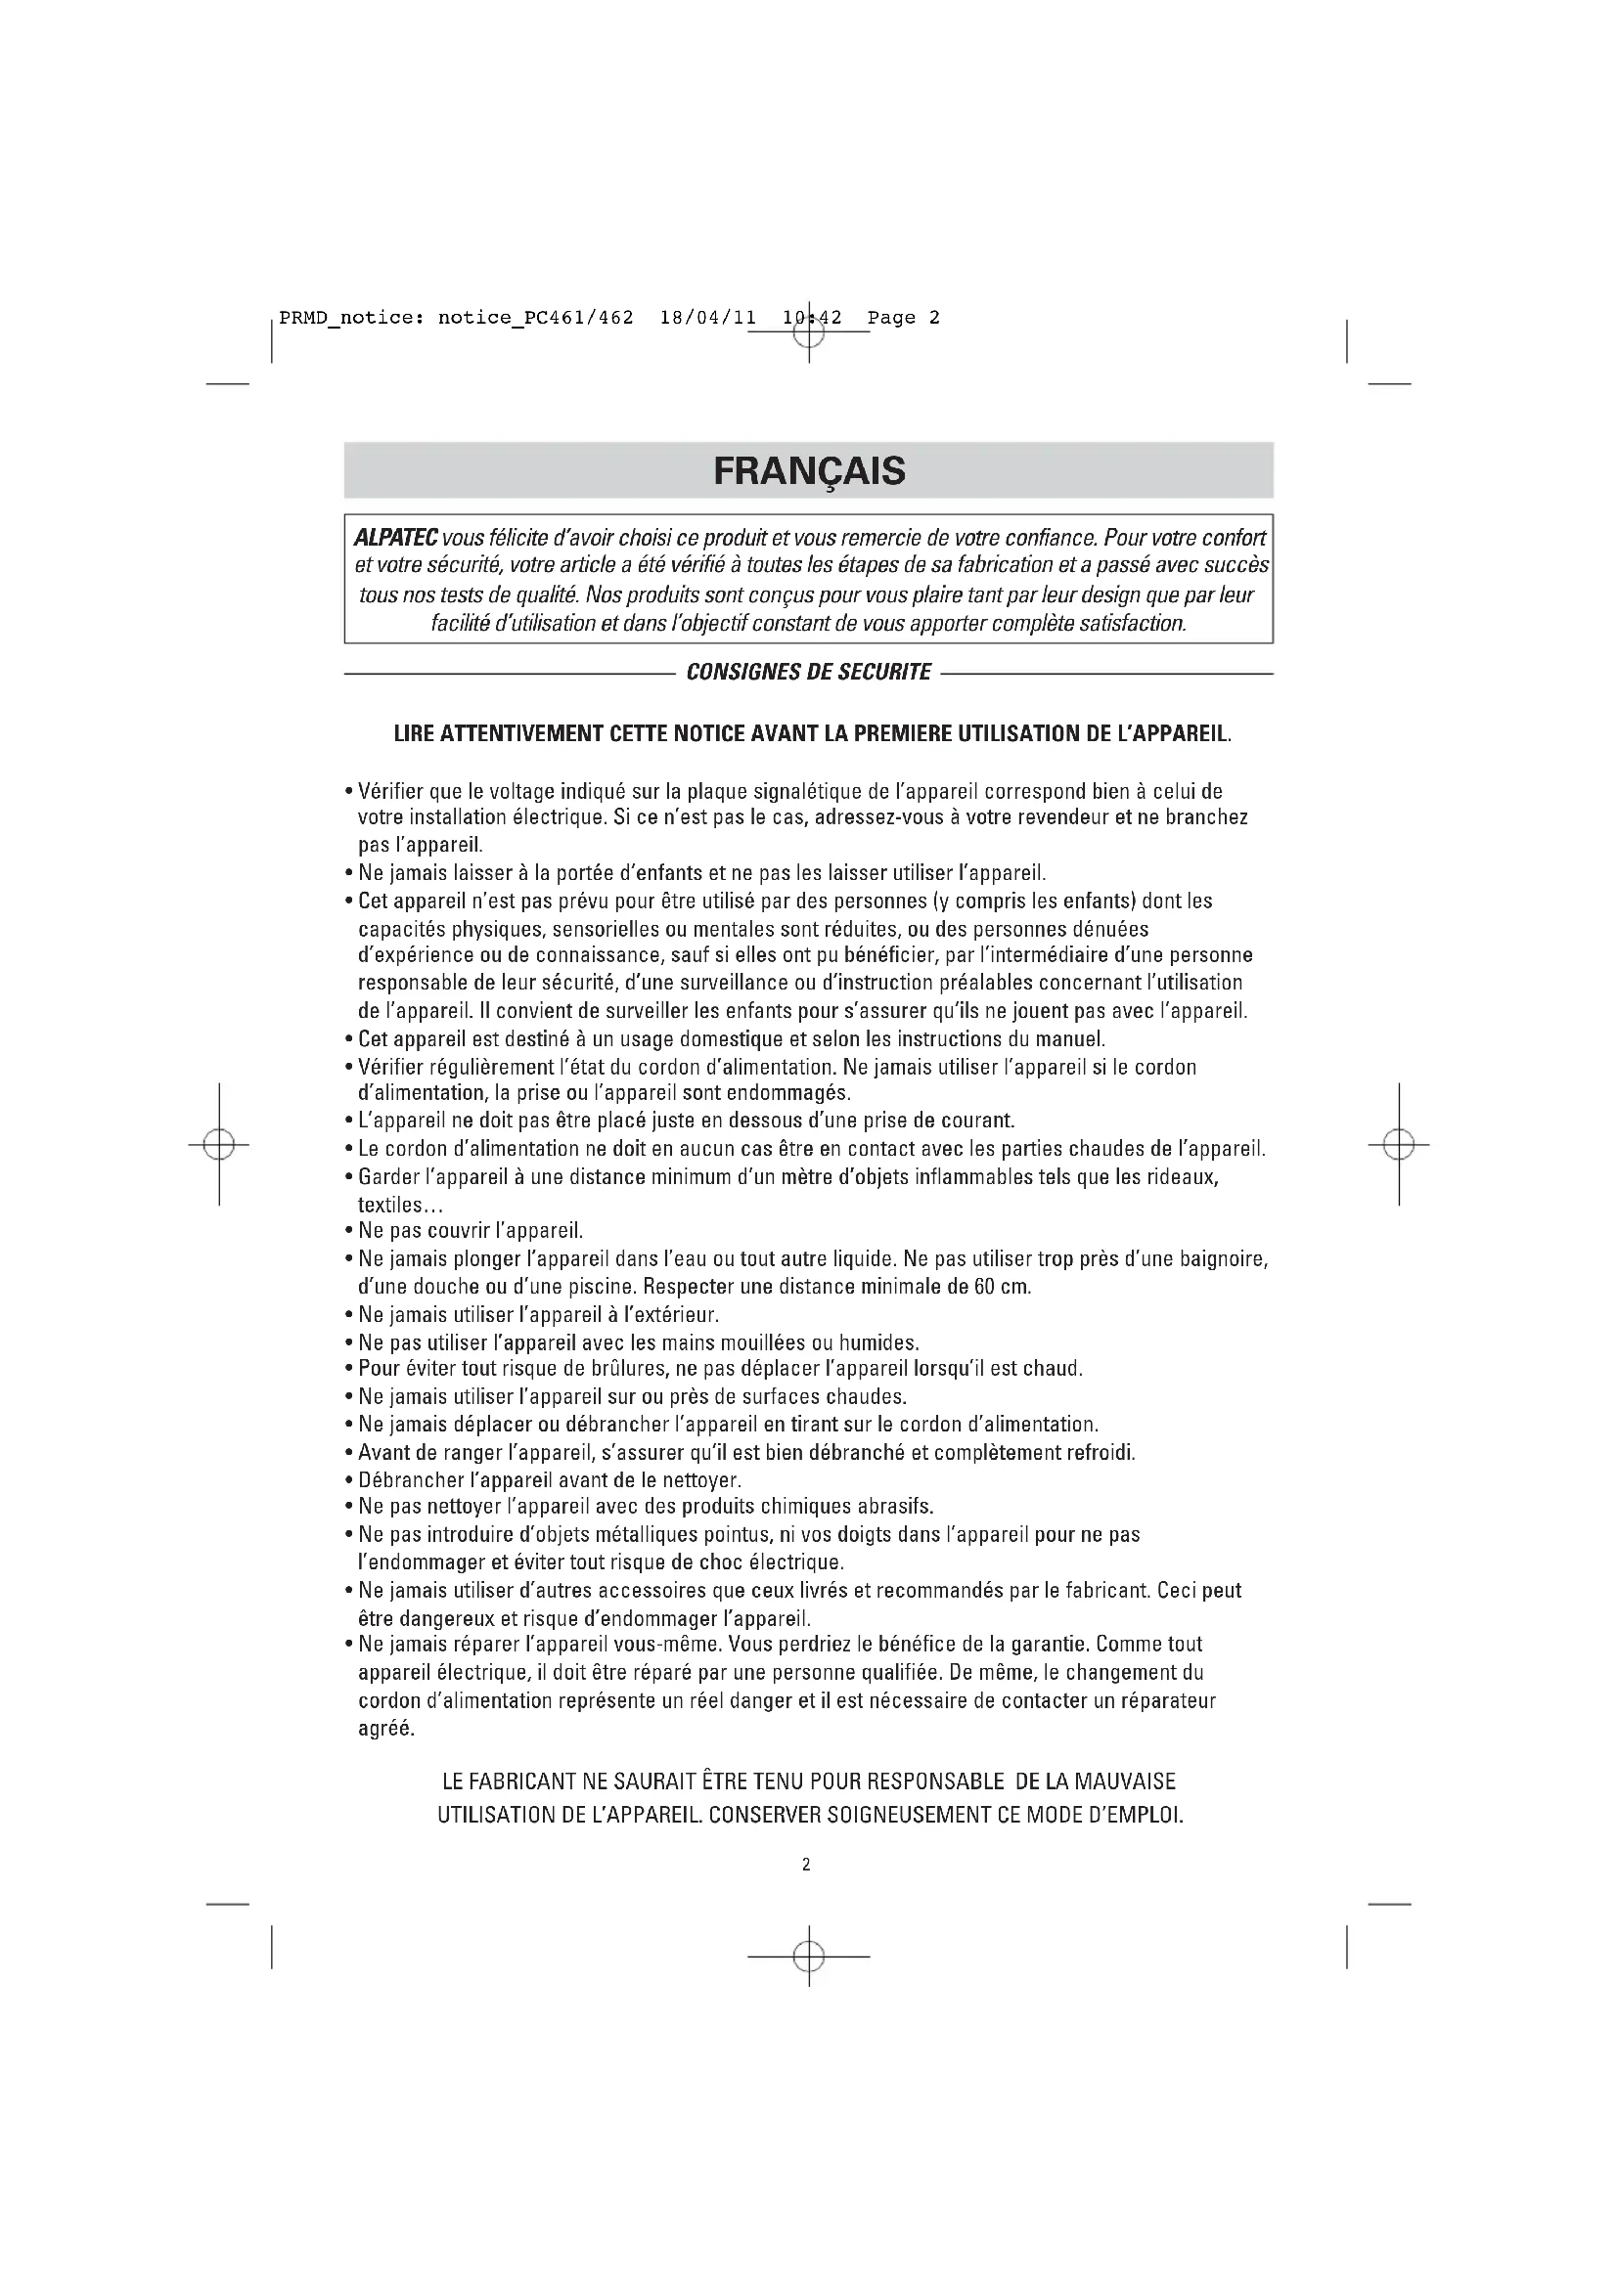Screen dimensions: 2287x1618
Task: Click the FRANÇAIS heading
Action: [809, 470]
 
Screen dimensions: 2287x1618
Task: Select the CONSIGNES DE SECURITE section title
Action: [809, 673]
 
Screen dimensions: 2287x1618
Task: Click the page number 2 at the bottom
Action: [806, 1865]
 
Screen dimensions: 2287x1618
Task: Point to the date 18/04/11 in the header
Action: [707, 318]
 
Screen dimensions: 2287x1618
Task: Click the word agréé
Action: [385, 1728]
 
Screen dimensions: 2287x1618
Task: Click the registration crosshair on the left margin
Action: [218, 1146]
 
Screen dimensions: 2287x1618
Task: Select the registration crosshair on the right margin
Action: [1399, 1146]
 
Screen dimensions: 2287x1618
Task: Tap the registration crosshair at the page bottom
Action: [809, 1957]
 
